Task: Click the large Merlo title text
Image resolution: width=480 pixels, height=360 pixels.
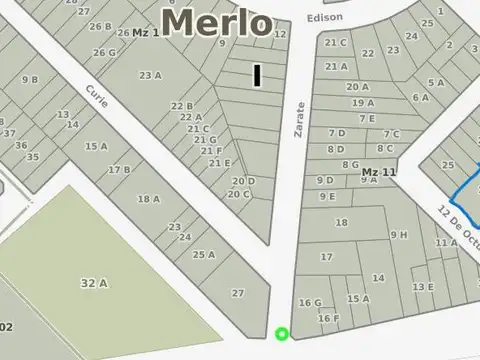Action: coord(216,22)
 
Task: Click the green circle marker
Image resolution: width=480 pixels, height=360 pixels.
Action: coord(282,334)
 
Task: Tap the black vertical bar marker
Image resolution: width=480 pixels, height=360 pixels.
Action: coord(257,75)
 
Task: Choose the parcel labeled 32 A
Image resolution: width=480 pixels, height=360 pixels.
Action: coord(94,283)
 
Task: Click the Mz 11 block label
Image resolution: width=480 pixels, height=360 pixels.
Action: coord(379,172)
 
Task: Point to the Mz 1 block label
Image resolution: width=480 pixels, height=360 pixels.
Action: coord(146,33)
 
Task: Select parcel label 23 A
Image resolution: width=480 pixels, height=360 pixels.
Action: coord(151,75)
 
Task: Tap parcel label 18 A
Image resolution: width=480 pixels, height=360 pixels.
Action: coord(148,199)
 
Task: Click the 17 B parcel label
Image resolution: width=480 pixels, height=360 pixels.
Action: coord(119,170)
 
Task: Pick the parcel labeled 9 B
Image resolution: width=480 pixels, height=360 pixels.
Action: coord(30,79)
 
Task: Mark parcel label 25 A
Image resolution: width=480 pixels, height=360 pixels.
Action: coord(204,255)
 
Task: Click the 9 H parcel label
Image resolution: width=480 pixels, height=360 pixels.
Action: coord(399,235)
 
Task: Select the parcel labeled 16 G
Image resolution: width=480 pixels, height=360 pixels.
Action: coord(310,303)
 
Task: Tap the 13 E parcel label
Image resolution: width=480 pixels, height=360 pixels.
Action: coord(423,287)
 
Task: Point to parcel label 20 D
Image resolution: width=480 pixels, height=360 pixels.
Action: coord(244,181)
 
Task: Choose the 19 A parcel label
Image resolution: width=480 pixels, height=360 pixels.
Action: coord(363,102)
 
